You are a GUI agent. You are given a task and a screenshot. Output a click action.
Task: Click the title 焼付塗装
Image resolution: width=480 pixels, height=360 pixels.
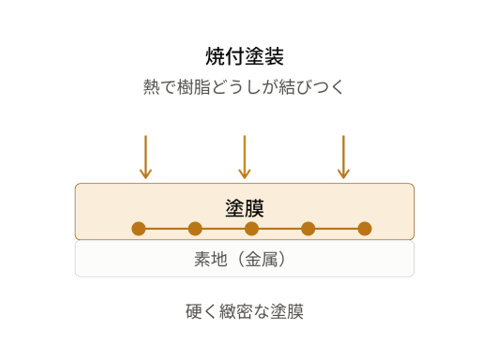point(245,56)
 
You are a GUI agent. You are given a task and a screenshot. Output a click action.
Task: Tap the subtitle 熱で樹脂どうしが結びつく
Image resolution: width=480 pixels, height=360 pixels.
point(243,87)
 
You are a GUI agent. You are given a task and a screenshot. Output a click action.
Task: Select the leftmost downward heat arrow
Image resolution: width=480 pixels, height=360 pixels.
point(146,157)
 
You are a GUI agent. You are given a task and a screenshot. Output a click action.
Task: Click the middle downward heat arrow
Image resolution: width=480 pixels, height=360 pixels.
point(245,157)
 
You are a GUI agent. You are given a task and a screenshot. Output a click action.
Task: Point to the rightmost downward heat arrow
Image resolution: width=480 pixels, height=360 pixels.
point(343,157)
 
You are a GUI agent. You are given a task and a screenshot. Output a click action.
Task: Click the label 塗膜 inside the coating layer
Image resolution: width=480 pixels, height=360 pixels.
point(245,208)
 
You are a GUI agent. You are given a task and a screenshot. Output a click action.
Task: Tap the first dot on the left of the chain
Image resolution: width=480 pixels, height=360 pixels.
point(139,229)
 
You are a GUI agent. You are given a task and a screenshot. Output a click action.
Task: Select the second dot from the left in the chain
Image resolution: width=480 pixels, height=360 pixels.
point(195,229)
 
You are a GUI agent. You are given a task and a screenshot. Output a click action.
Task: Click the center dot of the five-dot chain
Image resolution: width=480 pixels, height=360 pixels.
point(252,229)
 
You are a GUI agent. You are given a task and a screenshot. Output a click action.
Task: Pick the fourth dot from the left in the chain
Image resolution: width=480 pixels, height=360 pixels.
point(308,229)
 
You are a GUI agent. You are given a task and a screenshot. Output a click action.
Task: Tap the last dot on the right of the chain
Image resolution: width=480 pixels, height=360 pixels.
point(365,229)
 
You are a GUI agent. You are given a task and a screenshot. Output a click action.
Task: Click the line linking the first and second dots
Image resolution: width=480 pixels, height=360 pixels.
point(167,229)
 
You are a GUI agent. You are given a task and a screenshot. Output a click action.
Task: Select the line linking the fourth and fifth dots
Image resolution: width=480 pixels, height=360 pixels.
point(336,229)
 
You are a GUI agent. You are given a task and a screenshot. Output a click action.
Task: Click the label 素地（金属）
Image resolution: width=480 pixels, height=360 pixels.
point(240,259)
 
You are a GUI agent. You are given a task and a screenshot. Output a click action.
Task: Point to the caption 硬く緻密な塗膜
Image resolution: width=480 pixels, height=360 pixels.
point(245,312)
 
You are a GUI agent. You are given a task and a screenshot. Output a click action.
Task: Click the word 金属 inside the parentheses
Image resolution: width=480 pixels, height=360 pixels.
point(261,259)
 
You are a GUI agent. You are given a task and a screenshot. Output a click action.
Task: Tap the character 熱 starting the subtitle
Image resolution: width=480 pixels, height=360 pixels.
point(151,87)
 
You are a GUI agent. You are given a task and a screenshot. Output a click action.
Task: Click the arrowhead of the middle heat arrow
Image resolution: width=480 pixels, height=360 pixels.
point(245,174)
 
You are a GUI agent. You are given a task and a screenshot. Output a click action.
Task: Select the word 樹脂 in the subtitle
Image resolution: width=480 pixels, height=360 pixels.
point(194,87)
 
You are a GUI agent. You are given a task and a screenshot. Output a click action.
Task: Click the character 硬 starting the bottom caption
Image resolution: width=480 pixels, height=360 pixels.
point(194,312)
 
